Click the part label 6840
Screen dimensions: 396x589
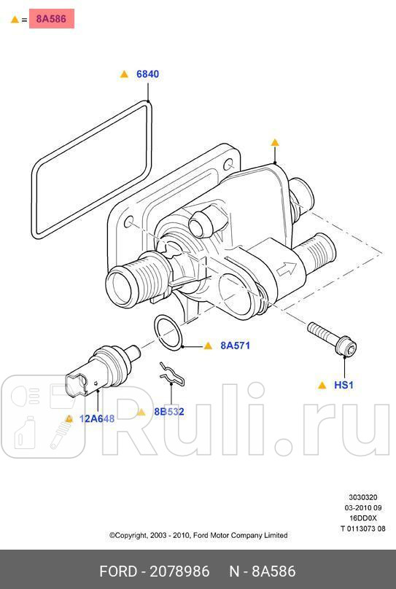[x=147, y=74]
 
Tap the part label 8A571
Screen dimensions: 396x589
[x=236, y=346]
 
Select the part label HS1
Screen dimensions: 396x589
[x=343, y=385]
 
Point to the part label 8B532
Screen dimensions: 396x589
[x=169, y=412]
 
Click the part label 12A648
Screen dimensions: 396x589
[x=97, y=418]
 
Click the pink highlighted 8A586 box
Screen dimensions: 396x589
[x=52, y=19]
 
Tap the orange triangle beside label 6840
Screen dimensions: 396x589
[x=124, y=74]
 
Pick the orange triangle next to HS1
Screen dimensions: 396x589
[x=322, y=385]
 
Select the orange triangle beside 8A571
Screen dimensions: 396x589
[x=208, y=346]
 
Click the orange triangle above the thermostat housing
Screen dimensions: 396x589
[x=275, y=142]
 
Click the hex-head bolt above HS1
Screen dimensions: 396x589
[x=332, y=338]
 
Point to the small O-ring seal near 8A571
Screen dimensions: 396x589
[x=168, y=333]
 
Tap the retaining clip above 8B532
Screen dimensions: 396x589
[x=171, y=374]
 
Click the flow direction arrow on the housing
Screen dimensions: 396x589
[x=287, y=268]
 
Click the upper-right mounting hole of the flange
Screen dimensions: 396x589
[x=229, y=165]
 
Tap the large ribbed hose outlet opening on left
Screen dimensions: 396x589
[x=122, y=286]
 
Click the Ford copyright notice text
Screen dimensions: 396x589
[x=198, y=535]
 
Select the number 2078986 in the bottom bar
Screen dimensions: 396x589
[x=179, y=572]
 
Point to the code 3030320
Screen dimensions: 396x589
[x=363, y=497]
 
